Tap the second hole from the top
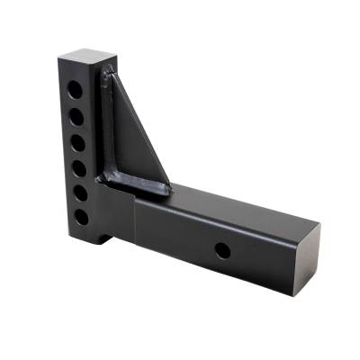[x=76, y=116]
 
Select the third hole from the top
[x=77, y=142]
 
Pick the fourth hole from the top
[x=79, y=167]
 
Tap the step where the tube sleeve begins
[x=135, y=225]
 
